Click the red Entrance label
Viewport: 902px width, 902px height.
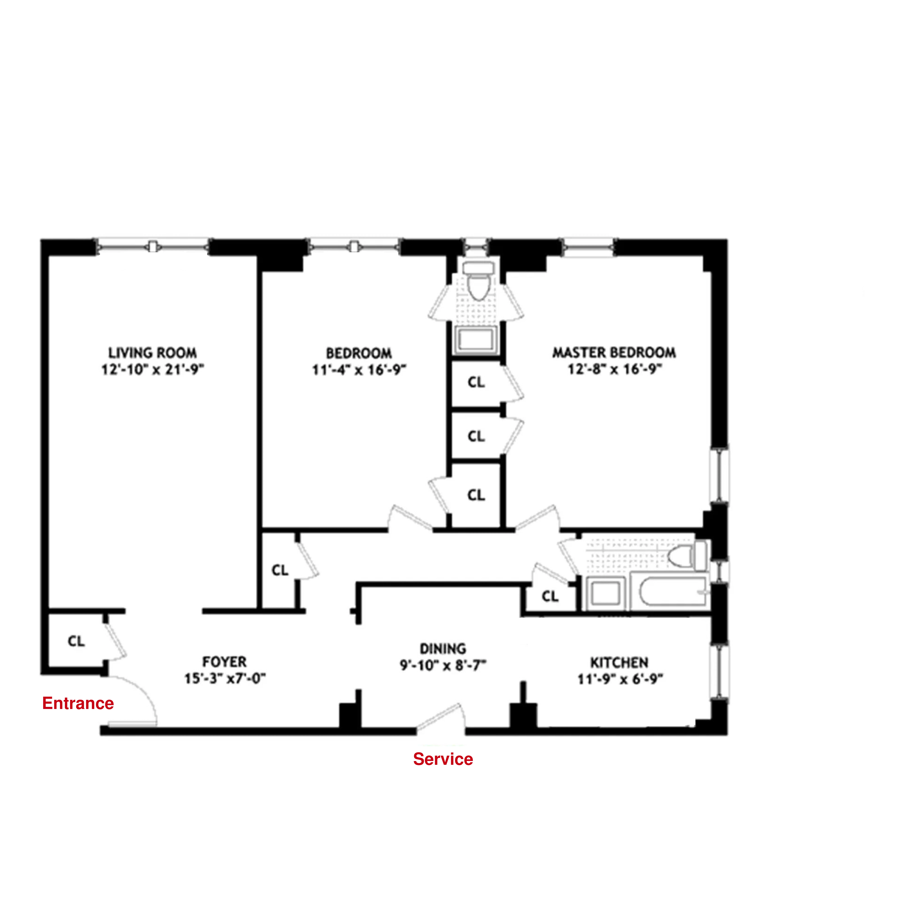click(x=78, y=703)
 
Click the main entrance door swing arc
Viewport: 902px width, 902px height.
click(x=140, y=696)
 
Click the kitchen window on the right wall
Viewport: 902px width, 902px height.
click(x=719, y=672)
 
